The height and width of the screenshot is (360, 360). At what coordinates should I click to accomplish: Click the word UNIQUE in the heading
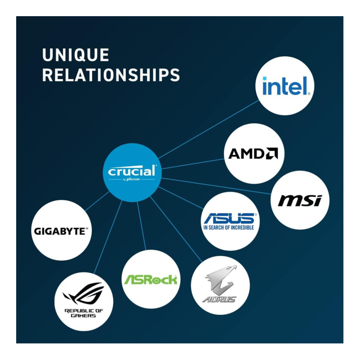point(75,55)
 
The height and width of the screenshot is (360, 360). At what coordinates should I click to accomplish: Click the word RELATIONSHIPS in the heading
point(111,75)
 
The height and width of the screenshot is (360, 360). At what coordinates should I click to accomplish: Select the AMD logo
point(253,154)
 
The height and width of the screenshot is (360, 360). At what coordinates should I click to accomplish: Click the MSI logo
point(300,201)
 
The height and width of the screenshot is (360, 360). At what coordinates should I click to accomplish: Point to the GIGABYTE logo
point(61,231)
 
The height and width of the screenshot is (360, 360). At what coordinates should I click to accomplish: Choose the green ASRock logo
point(151,279)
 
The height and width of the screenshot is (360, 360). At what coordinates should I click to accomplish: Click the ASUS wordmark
point(230,218)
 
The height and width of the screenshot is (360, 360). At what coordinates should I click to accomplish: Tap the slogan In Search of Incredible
point(229,227)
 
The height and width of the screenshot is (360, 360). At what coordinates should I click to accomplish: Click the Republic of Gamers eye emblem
point(84,293)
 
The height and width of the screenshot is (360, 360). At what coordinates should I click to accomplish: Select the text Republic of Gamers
point(84,313)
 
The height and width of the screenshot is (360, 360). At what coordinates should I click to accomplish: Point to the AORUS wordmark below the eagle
point(219,299)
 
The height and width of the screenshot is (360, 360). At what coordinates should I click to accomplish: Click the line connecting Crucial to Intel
point(208,129)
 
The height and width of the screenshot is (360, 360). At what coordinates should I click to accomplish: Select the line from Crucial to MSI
point(216,186)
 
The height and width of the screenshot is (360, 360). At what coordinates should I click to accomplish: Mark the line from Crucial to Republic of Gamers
point(108,237)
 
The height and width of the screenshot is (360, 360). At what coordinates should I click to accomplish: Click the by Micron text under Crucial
point(131,179)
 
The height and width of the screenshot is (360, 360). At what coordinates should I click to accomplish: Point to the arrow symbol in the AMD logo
point(272,154)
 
